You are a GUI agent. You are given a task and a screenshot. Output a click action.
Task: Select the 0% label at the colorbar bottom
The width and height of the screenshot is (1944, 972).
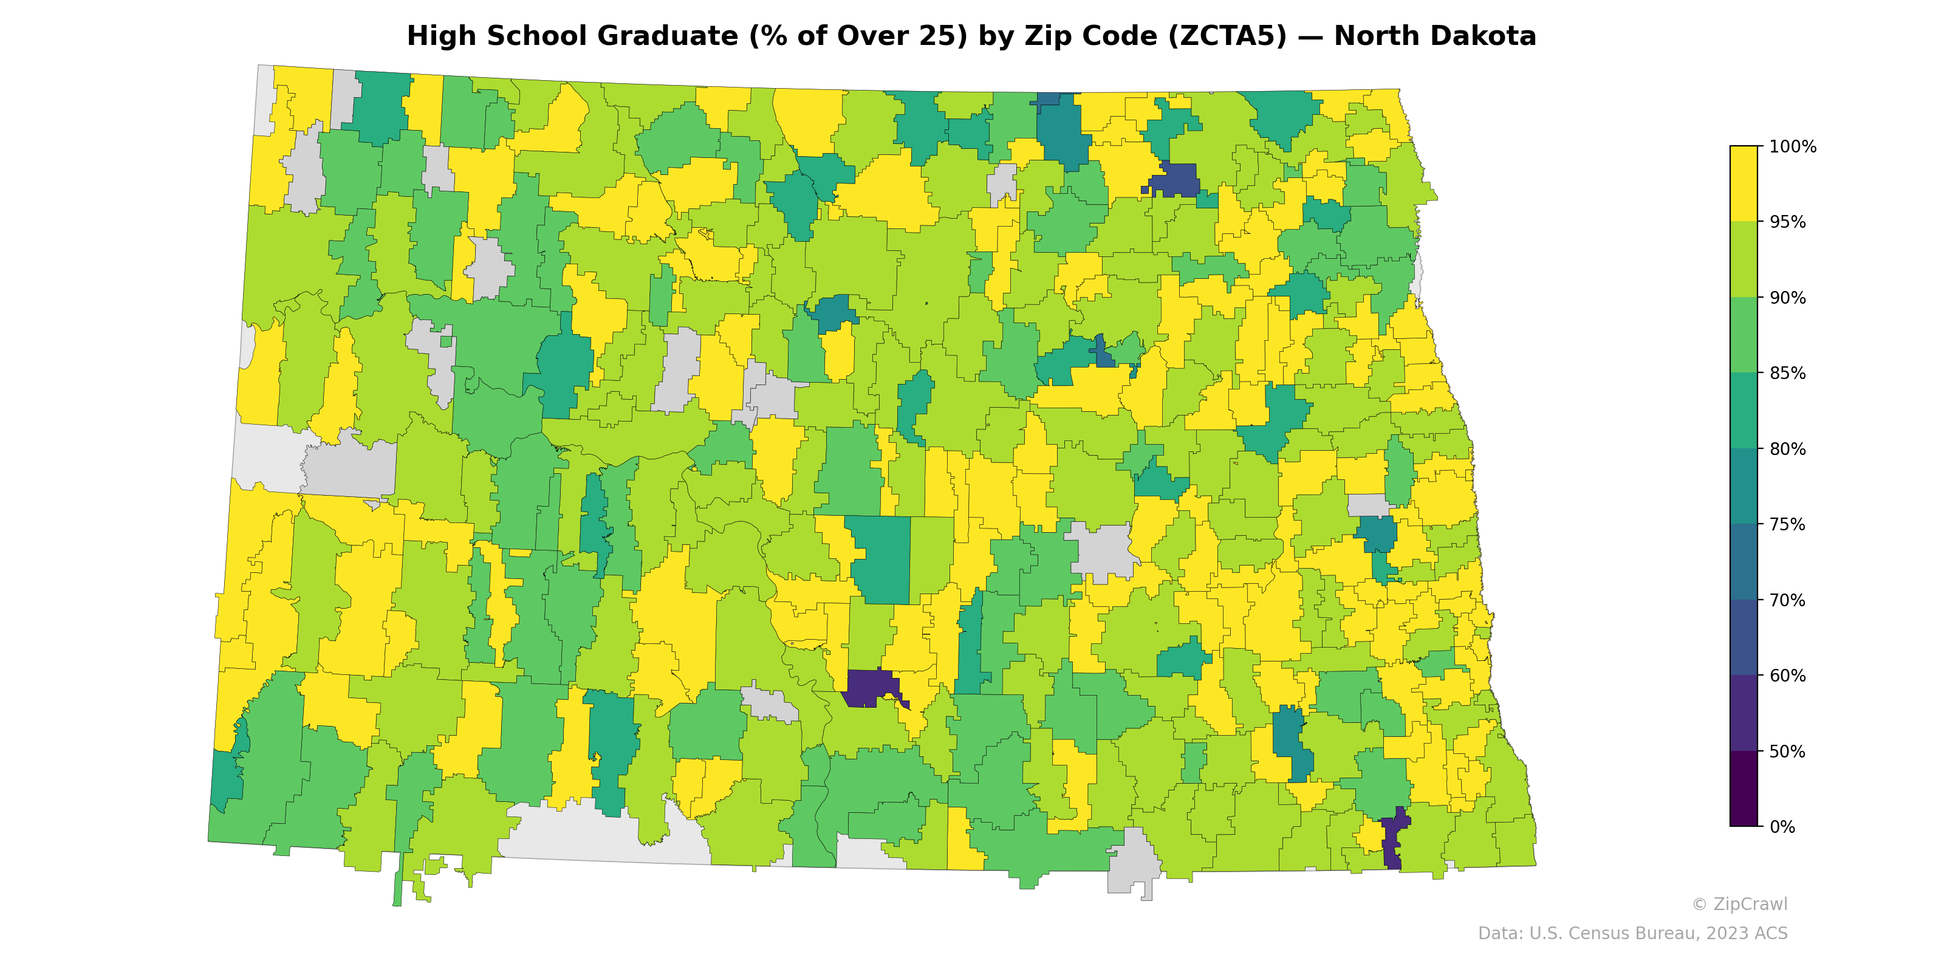tap(1782, 827)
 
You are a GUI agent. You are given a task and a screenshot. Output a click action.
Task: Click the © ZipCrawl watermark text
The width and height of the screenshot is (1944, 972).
tap(1739, 904)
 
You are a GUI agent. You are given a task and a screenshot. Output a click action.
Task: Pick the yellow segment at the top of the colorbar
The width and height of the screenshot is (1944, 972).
tap(1744, 183)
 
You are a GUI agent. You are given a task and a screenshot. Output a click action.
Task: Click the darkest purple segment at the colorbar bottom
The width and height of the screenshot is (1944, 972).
tap(1744, 789)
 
